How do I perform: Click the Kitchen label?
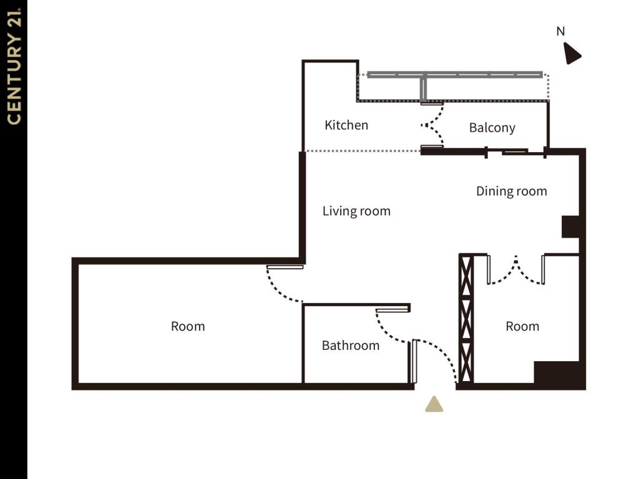tap(346, 125)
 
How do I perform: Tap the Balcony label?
tap(492, 128)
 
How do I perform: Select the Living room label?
tap(356, 211)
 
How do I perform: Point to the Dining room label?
tap(511, 191)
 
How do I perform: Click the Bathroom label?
tap(350, 346)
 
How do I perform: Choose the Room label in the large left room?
tap(188, 326)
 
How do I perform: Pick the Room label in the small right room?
tap(522, 326)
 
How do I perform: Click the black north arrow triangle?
tap(571, 54)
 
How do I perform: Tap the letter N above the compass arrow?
tap(560, 31)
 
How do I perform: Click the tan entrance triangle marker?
tap(434, 405)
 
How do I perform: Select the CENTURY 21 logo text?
tap(14, 65)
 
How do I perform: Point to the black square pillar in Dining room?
tap(571, 226)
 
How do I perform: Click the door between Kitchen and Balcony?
tap(433, 125)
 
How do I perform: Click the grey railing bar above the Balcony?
tap(454, 75)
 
